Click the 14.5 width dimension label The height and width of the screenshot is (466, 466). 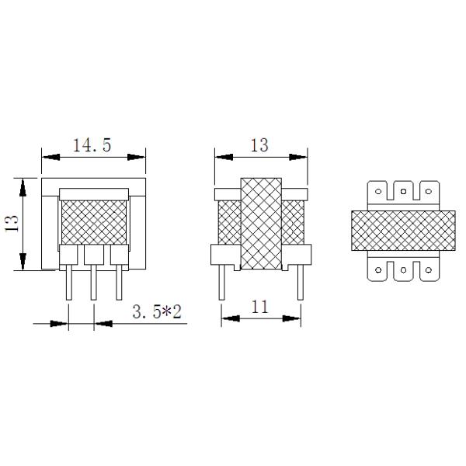93,144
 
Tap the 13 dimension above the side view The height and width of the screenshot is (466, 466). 259,144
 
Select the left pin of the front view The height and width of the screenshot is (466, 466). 68,283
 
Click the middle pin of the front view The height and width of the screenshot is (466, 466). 93,283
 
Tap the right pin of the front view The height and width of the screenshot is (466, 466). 119,283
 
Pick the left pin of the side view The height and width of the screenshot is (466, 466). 223,283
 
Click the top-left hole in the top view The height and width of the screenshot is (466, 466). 377,190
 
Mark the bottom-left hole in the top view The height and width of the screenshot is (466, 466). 377,270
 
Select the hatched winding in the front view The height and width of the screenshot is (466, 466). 93,221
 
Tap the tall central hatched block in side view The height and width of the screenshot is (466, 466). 260,224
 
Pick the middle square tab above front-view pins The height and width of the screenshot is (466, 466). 93,254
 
